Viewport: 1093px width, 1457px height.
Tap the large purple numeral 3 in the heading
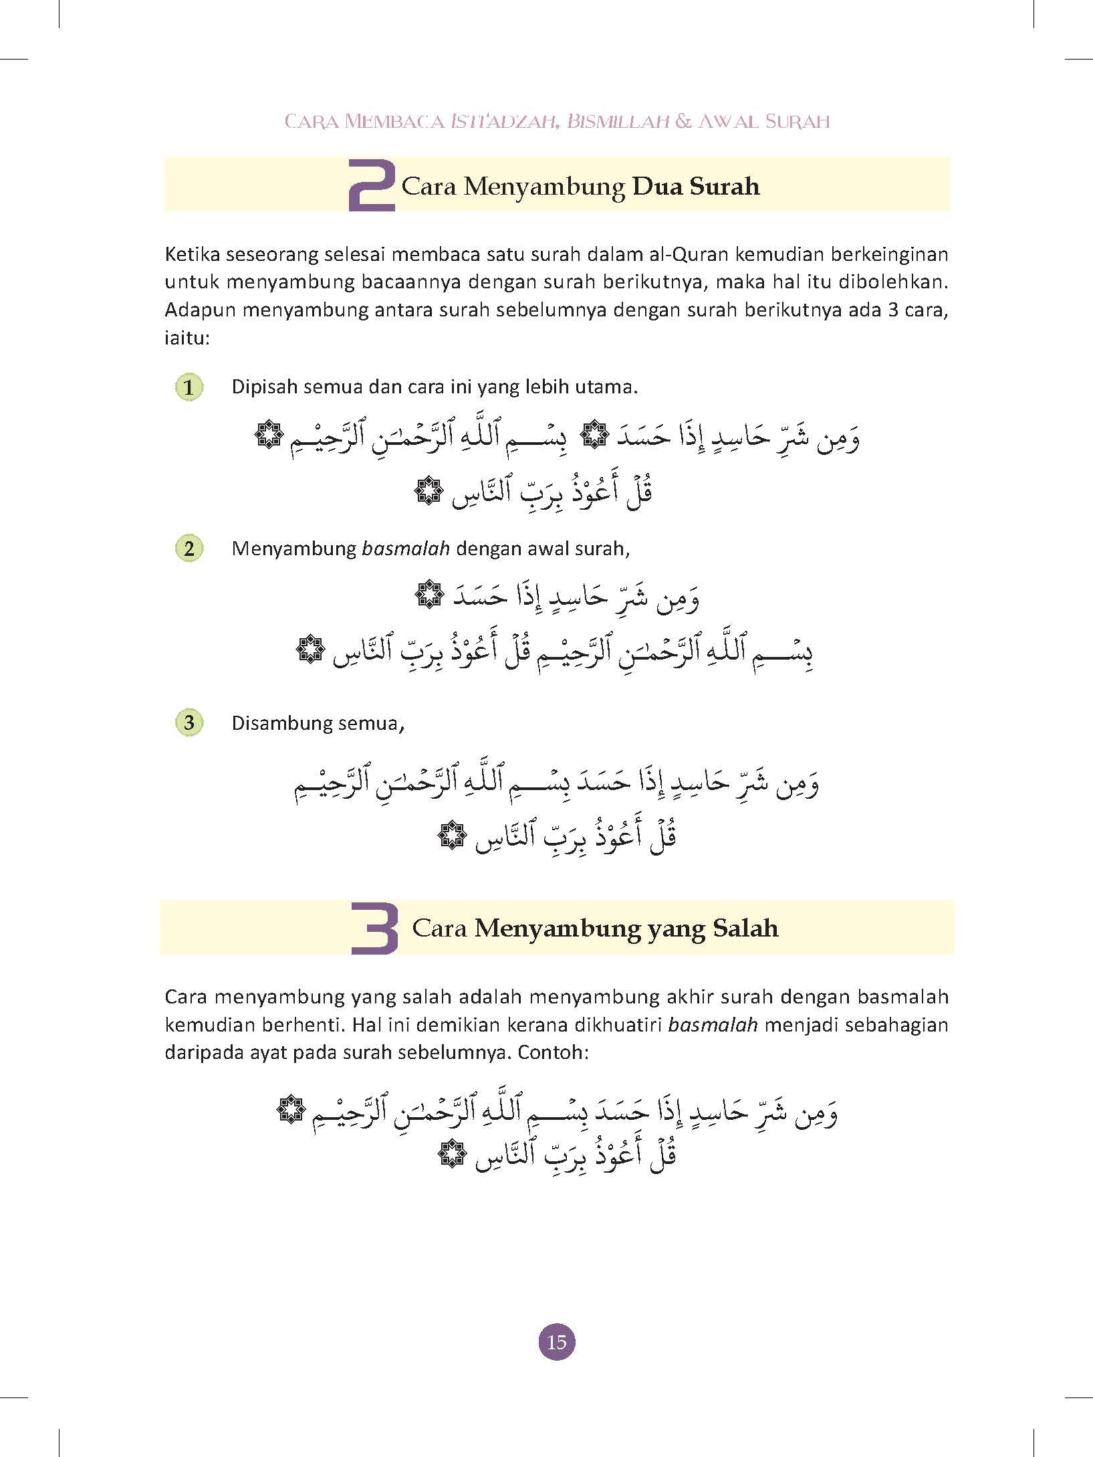click(x=374, y=929)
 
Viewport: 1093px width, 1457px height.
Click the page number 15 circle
click(x=556, y=1342)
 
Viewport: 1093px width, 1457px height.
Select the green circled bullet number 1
click(x=189, y=387)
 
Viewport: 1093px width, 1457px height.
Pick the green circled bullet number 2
click(x=189, y=549)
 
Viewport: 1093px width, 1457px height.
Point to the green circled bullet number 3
click(x=189, y=723)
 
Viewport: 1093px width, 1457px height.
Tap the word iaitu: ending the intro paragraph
click(x=187, y=338)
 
